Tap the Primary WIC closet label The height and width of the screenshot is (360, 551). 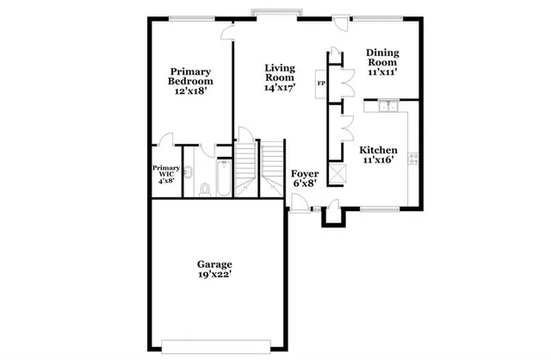tap(166, 173)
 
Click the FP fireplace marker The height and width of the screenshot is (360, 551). tap(321, 84)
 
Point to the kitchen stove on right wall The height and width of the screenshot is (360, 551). tap(413, 158)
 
